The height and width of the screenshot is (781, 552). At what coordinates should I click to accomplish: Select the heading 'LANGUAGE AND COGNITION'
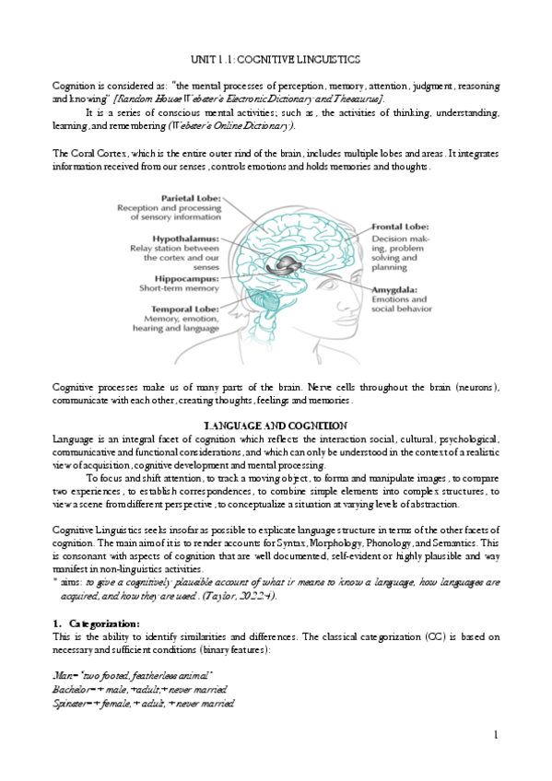point(275,425)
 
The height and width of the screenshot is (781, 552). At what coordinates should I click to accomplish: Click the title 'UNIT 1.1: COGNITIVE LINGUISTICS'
point(275,59)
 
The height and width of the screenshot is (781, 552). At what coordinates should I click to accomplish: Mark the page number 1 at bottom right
point(495,734)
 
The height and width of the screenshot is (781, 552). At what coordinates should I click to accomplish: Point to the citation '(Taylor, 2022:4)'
point(241,596)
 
